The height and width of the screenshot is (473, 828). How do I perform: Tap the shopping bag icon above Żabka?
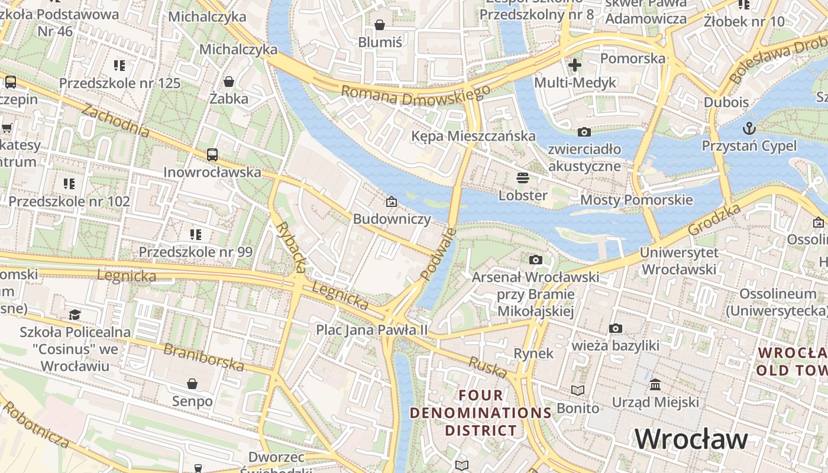click(229, 81)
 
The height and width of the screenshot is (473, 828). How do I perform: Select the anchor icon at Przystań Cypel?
click(749, 128)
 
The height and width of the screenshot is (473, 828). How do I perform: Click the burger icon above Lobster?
click(522, 177)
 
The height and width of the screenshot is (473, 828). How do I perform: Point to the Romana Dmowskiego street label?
click(416, 95)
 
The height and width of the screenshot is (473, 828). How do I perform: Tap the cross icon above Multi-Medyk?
click(575, 65)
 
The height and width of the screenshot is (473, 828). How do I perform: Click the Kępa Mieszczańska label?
click(473, 136)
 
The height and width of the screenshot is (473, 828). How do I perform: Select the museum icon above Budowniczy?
click(391, 202)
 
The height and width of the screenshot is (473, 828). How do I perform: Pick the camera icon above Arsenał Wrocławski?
click(535, 260)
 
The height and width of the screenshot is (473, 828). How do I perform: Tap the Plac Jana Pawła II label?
click(371, 329)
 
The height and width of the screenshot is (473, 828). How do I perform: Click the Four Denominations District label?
click(480, 413)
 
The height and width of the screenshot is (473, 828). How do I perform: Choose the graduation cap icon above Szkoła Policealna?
click(75, 315)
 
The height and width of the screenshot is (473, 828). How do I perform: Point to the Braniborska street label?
click(203, 357)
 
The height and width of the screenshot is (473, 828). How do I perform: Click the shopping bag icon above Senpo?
click(192, 384)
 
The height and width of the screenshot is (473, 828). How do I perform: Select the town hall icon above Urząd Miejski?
click(655, 385)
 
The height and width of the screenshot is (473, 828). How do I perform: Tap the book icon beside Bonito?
click(578, 391)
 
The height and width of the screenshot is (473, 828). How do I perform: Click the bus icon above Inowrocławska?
click(212, 155)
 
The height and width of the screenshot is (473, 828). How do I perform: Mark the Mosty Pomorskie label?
click(636, 200)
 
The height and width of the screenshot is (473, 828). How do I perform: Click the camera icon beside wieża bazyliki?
click(616, 328)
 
